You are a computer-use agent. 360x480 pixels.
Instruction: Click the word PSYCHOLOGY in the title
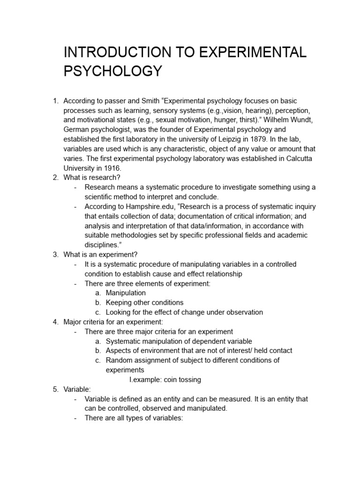[112, 71]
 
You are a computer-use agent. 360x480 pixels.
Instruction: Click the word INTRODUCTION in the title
[119, 52]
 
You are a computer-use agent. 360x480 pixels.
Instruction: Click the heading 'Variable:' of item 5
[77, 390]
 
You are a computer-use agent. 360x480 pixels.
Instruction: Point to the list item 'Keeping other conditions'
[144, 302]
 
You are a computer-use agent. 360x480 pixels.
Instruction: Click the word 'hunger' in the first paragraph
[212, 119]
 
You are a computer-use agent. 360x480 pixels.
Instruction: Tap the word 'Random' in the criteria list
[119, 360]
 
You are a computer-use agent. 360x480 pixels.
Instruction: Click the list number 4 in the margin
[55, 322]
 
